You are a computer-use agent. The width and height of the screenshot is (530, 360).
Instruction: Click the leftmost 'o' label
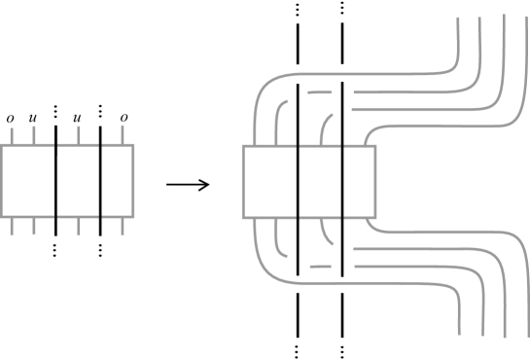pyautogui.click(x=11, y=119)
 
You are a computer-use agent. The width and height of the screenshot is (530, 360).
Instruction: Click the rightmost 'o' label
pyautogui.click(x=124, y=119)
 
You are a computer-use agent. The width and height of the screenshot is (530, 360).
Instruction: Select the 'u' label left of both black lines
pyautogui.click(x=33, y=119)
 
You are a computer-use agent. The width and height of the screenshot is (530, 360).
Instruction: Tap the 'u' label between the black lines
pyautogui.click(x=78, y=119)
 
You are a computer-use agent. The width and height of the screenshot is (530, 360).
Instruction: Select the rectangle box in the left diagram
pyautogui.click(x=67, y=181)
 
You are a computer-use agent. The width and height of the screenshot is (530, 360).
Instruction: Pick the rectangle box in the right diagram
pyautogui.click(x=307, y=182)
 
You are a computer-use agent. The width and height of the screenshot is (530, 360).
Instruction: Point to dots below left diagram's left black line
pyautogui.click(x=55, y=250)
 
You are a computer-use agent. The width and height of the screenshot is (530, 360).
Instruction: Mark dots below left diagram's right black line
pyautogui.click(x=100, y=250)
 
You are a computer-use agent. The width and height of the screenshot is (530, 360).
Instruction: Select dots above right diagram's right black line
pyautogui.click(x=342, y=10)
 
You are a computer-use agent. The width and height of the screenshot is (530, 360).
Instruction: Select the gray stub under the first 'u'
pyautogui.click(x=33, y=137)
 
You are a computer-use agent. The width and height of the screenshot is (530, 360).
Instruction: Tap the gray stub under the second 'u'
pyautogui.click(x=78, y=137)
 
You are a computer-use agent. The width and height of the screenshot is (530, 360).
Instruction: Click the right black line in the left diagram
pyautogui.click(x=100, y=180)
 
